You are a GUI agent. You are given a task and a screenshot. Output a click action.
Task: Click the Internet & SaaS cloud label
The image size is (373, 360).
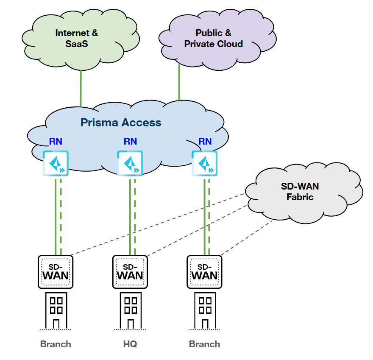click(x=77, y=38)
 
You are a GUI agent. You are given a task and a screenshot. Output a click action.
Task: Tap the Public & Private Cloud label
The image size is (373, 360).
click(x=214, y=38)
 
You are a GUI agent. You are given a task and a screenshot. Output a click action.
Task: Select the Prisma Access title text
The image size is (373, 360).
click(x=121, y=123)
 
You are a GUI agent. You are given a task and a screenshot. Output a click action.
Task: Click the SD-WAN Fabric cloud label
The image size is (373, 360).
click(x=300, y=191)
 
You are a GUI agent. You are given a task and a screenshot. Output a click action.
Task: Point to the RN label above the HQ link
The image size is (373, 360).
click(x=130, y=141)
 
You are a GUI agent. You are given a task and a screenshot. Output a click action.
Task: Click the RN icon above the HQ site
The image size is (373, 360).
click(x=130, y=163)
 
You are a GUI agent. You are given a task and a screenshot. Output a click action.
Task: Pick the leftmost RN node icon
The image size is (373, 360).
click(x=56, y=163)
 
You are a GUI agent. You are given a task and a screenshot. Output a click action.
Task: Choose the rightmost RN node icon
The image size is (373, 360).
click(x=204, y=163)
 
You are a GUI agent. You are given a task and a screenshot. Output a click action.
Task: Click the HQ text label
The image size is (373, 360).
click(x=130, y=344)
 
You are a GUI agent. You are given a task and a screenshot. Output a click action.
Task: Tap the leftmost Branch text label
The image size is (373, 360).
click(x=56, y=344)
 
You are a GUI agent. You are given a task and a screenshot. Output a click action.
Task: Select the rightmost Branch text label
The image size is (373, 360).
click(x=204, y=344)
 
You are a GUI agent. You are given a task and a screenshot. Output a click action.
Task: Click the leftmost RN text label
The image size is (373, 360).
click(x=56, y=141)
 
